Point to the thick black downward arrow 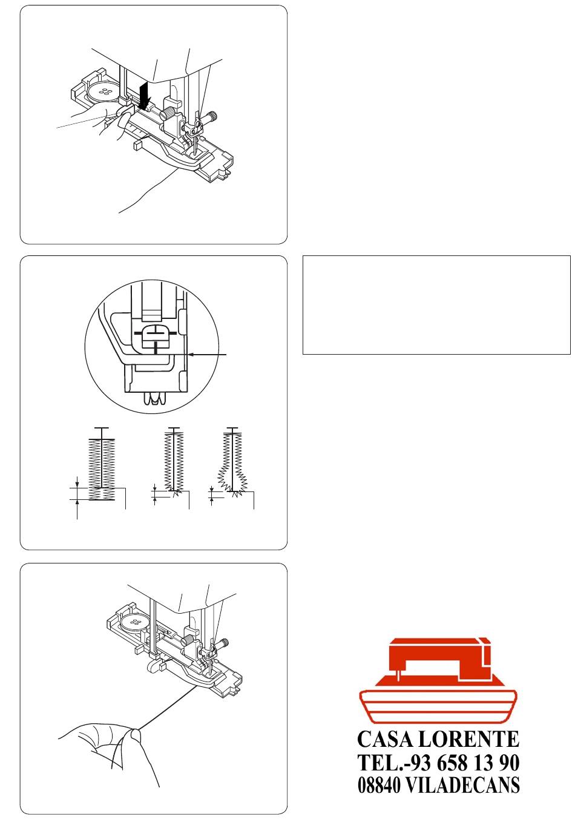click(145, 96)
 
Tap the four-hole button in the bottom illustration click(136, 622)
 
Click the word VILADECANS click(462, 785)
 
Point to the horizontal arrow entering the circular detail click(208, 355)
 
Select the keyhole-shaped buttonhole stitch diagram click(232, 463)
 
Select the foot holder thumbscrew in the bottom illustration click(188, 640)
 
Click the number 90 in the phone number click(508, 763)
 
